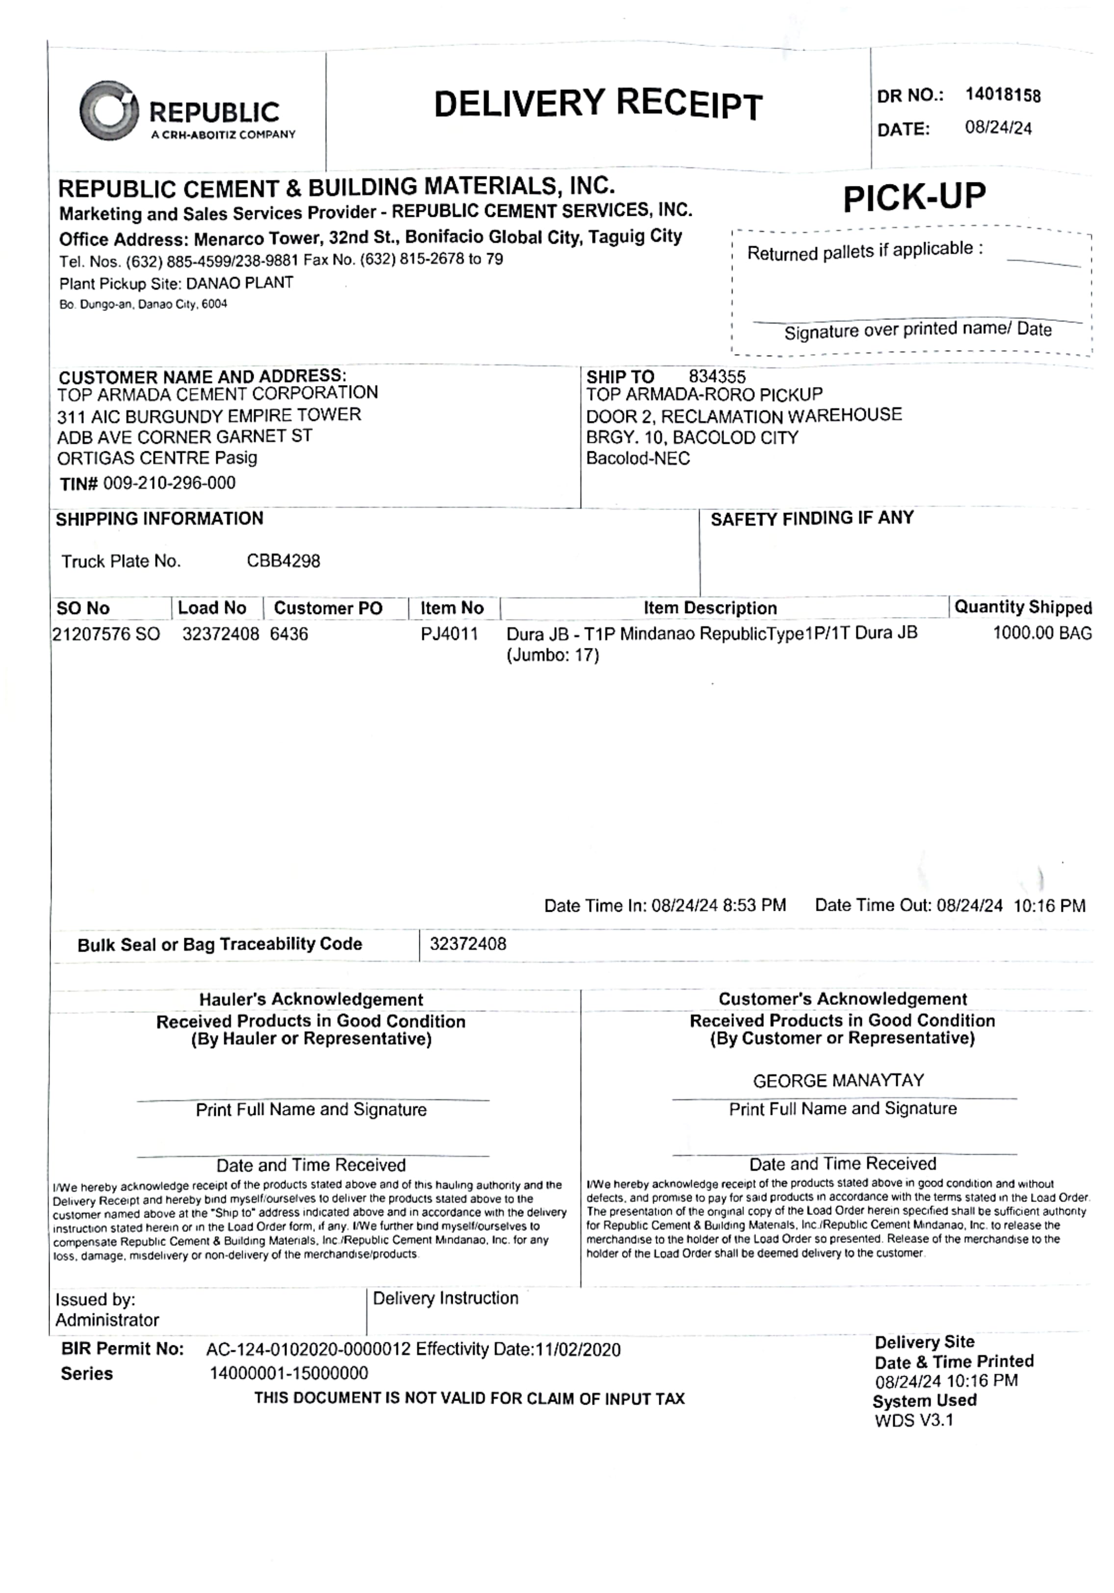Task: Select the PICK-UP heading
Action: pos(913,198)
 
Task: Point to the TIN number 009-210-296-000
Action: pos(169,483)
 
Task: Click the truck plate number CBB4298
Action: pos(283,561)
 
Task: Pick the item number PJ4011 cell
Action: pos(449,634)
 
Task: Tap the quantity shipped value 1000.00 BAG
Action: pos(1041,633)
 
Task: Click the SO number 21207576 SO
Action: pos(106,634)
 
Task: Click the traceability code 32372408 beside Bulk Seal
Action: pos(468,944)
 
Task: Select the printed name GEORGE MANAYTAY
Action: pos(838,1080)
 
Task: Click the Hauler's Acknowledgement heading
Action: pos(311,999)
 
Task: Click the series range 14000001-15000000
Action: pos(289,1373)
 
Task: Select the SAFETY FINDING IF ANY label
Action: pos(811,518)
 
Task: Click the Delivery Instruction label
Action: pos(445,1298)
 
